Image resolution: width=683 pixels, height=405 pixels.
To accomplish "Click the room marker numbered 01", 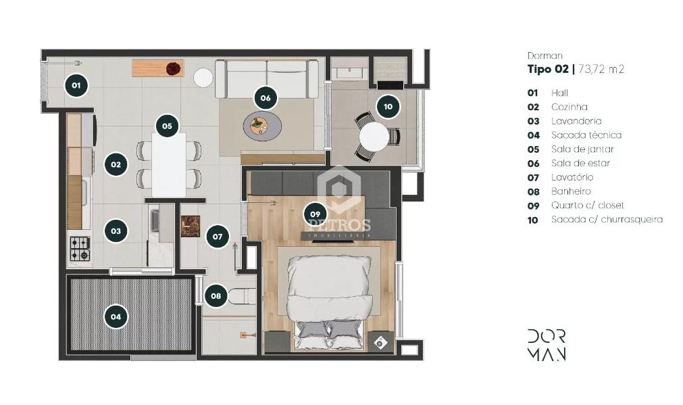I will coord(76,85).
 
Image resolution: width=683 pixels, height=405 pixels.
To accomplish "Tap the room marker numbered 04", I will coord(116,316).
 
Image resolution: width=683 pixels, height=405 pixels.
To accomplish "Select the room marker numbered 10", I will coord(388,106).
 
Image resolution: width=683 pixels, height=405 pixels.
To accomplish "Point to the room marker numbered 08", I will coord(216,295).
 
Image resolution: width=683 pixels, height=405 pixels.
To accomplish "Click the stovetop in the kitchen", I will coord(80,249).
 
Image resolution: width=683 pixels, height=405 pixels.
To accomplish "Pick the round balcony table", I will coord(374,137).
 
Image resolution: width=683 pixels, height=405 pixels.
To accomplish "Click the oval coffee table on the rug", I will coord(262,126).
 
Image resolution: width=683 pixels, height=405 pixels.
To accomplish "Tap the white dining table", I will coord(169,164).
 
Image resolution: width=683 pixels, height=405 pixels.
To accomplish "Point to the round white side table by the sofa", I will coord(203,78).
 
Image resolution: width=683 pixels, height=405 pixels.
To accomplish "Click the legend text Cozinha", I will coord(569,107).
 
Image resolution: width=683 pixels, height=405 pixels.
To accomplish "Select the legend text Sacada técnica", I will coord(586,135).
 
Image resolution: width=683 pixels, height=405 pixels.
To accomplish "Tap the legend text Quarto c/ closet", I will coord(587,206).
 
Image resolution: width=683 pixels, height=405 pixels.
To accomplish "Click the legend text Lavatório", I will coord(572,177).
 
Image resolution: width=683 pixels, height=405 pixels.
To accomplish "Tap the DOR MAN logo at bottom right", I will coord(547,344).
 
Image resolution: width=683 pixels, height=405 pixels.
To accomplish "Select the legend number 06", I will coord(533,164).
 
